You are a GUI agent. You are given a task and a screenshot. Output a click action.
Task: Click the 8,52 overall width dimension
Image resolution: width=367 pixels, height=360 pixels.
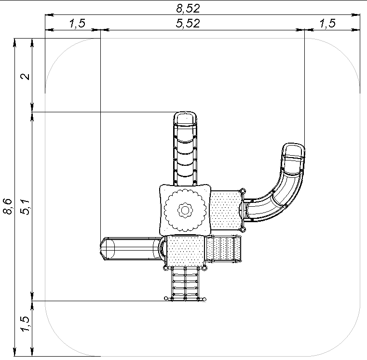pos(188,8)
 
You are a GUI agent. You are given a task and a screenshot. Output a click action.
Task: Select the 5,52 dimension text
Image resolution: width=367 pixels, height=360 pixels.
pos(188,24)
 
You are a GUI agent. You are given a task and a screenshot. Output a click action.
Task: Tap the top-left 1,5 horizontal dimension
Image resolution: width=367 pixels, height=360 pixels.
pos(78,24)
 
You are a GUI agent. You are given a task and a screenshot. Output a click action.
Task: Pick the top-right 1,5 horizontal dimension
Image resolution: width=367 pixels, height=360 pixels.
pos(327,24)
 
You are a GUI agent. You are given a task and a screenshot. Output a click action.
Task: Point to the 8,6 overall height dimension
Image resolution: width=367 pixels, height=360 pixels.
pos(8,206)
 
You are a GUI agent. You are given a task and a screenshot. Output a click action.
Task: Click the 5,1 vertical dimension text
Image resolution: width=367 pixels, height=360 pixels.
pos(25,207)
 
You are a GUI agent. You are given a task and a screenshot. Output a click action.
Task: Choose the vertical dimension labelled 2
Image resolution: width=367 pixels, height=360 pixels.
pos(25,77)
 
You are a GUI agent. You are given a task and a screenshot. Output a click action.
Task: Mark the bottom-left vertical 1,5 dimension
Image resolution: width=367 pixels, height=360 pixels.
pos(25,323)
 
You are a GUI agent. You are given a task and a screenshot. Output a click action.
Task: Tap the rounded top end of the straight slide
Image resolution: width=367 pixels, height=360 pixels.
pos(185,118)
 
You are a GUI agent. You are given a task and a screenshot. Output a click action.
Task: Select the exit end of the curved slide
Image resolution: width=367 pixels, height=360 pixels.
pos(294,151)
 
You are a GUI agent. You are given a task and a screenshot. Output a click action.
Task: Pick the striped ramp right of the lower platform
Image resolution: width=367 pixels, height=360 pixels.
pos(223,248)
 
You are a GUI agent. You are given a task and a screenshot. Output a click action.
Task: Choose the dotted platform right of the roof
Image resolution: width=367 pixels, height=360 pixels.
pos(226,210)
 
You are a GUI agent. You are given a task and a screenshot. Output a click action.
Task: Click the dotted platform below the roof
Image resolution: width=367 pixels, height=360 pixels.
pos(185,251)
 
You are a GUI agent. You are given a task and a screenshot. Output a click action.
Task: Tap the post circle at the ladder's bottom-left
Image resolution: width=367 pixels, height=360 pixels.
pos(166,298)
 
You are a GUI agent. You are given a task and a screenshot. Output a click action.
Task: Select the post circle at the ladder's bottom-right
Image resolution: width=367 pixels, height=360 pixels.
pos(204,299)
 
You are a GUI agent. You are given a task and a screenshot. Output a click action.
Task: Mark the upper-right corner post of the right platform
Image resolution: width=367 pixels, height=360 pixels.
pos(243,191)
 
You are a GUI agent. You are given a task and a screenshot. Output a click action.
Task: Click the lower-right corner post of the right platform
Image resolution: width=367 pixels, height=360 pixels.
pos(243,229)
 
